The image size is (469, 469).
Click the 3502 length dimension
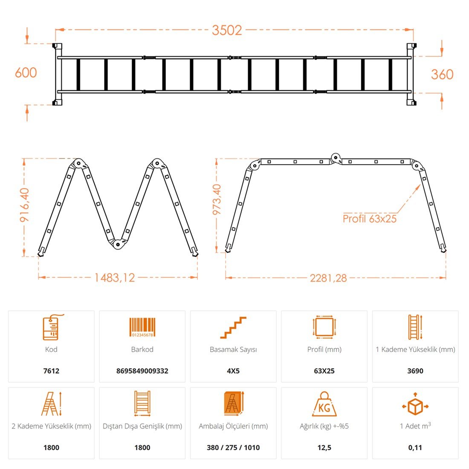pyautogui.click(x=227, y=30)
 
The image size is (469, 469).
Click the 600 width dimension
pyautogui.click(x=26, y=72)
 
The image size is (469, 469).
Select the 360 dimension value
pyautogui.click(x=442, y=75)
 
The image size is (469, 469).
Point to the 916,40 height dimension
pyautogui.click(x=25, y=205)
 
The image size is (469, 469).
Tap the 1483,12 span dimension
pyautogui.click(x=115, y=278)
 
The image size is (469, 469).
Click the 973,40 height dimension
pyautogui.click(x=217, y=200)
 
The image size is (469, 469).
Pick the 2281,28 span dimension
pyautogui.click(x=328, y=278)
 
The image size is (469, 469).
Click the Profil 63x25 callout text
pyautogui.click(x=369, y=219)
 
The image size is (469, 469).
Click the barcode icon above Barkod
pyautogui.click(x=142, y=327)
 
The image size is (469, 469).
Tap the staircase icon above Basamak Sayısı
pyautogui.click(x=233, y=327)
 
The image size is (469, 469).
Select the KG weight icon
pyautogui.click(x=324, y=404)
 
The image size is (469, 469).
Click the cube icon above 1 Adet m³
pyautogui.click(x=415, y=404)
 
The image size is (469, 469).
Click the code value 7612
pyautogui.click(x=51, y=371)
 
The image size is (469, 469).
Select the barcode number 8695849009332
pyautogui.click(x=142, y=371)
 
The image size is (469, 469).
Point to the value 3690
pyautogui.click(x=415, y=371)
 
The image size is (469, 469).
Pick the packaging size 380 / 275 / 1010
pyautogui.click(x=233, y=447)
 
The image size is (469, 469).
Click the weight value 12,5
pyautogui.click(x=324, y=447)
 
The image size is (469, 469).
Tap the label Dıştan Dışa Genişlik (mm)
pyautogui.click(x=142, y=426)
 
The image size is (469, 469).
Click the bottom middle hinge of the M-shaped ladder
pyautogui.click(x=118, y=244)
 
